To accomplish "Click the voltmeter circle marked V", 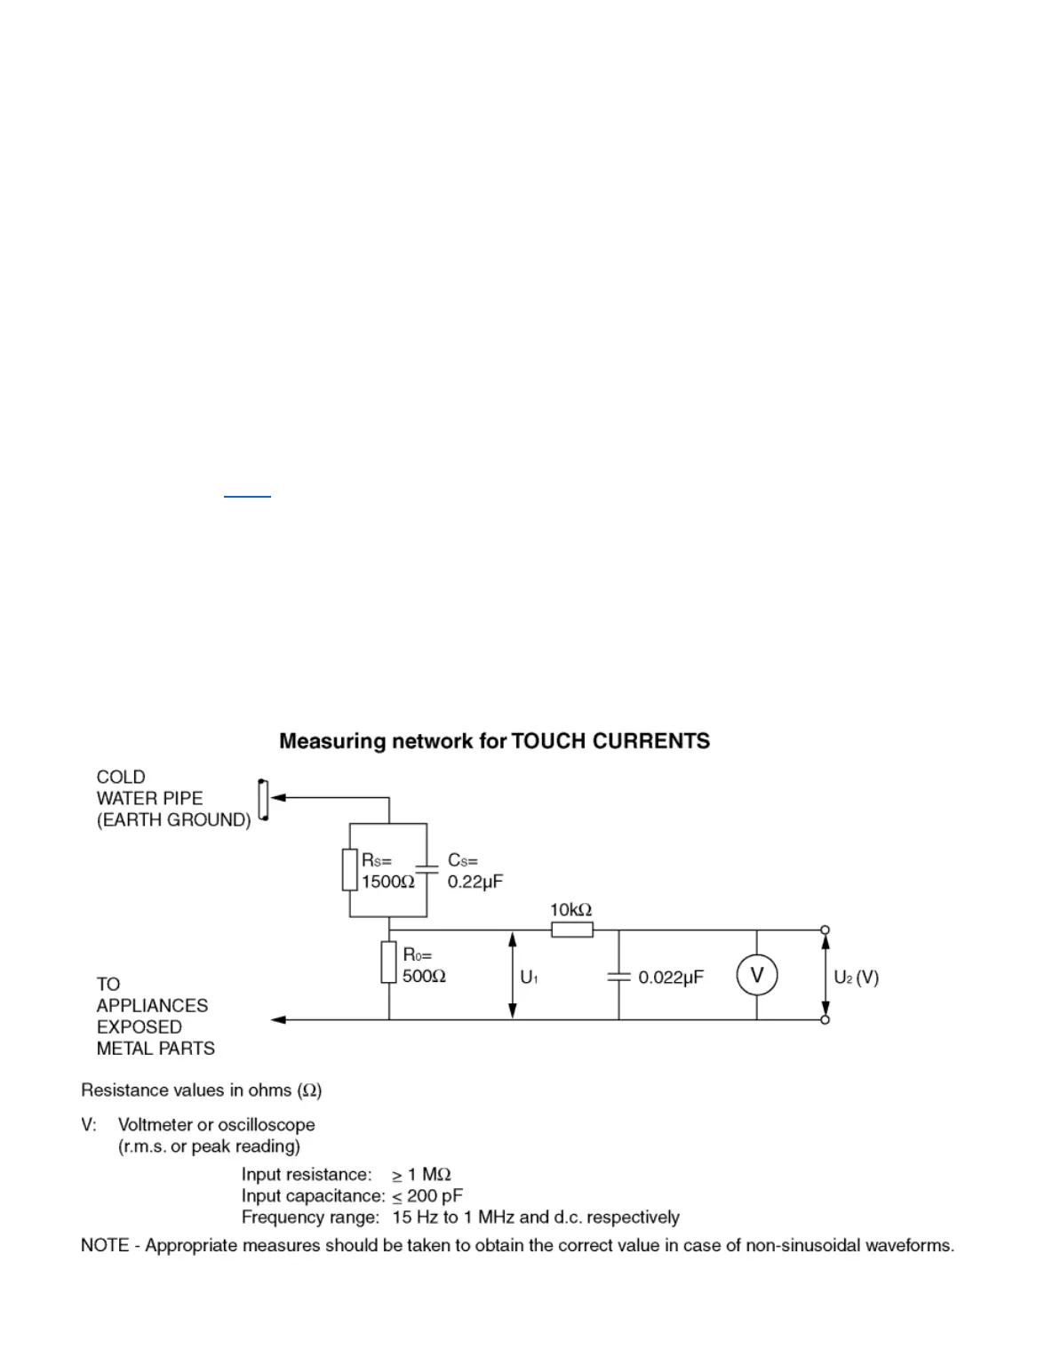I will pyautogui.click(x=756, y=975).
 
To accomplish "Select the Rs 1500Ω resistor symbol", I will pyautogui.click(x=350, y=870).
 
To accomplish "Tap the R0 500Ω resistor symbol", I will pyautogui.click(x=388, y=962).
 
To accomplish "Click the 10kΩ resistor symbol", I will pyautogui.click(x=572, y=930).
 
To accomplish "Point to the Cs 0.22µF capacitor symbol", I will pyautogui.click(x=427, y=870).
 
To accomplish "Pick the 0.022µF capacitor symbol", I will pyautogui.click(x=618, y=976).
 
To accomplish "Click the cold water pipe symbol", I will pyautogui.click(x=262, y=800).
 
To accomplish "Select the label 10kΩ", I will pyautogui.click(x=570, y=910).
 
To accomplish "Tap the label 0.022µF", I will pyautogui.click(x=671, y=978).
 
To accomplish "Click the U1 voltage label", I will pyautogui.click(x=529, y=978).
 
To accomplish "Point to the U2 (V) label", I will pyautogui.click(x=856, y=978).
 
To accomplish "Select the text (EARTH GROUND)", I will pyautogui.click(x=173, y=819).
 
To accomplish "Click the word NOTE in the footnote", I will pyautogui.click(x=105, y=1245).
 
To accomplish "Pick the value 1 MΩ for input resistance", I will pyautogui.click(x=429, y=1175).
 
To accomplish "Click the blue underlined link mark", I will pyautogui.click(x=247, y=495).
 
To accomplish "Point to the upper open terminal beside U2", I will pyautogui.click(x=826, y=930).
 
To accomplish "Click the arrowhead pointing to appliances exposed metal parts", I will pyautogui.click(x=278, y=1019).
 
